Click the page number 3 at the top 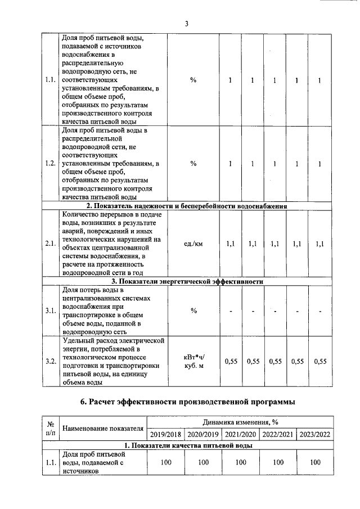point(186,24)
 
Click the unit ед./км point(193,244)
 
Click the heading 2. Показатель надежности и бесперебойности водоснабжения point(187,206)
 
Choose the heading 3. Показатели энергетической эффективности point(187,281)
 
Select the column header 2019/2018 point(165,434)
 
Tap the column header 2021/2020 point(240,434)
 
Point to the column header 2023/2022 point(315,434)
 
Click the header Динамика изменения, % point(240,422)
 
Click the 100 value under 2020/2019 point(203,462)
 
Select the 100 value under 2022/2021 point(278,462)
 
